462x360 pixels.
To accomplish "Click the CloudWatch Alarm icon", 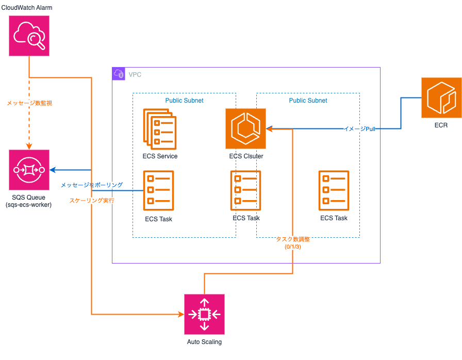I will (x=29, y=36).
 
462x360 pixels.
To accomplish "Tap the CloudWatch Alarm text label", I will (x=27, y=8).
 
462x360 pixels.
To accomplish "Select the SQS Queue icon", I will (x=29, y=170).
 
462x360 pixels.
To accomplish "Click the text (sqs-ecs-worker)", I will (x=29, y=205).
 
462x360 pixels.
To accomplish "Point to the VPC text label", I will (x=135, y=75).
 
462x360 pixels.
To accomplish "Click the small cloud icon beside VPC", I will (x=119, y=74).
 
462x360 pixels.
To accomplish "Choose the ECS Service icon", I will (x=160, y=127).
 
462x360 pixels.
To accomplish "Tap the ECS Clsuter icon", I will (x=245, y=128).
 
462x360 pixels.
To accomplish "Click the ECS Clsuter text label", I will (x=246, y=156).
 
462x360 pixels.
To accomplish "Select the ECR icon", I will (x=441, y=97).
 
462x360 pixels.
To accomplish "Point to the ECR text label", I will (x=441, y=125).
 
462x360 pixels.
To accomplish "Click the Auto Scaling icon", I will (x=205, y=314).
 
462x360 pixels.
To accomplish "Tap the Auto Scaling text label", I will (x=204, y=342).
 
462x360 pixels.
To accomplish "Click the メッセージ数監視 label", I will (x=29, y=103).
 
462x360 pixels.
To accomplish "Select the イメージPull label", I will (x=359, y=129).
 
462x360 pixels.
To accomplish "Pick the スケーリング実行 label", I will (x=92, y=200).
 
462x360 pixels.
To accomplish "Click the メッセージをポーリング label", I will (x=92, y=185).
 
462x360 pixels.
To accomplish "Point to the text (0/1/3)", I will (x=292, y=247).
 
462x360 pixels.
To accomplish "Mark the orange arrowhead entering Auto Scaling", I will (x=181, y=314).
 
